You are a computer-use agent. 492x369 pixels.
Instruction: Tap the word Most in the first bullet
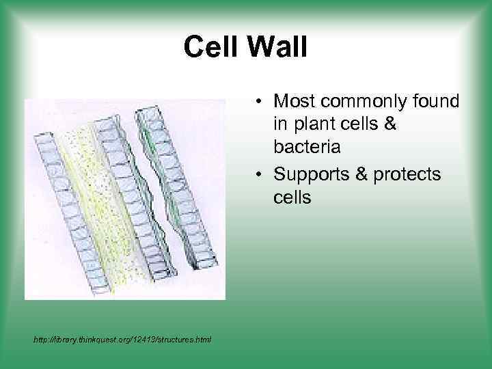pyautogui.click(x=295, y=102)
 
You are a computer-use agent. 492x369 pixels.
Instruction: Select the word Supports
pyautogui.click(x=312, y=174)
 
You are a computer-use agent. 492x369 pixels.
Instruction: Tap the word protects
pyautogui.click(x=409, y=175)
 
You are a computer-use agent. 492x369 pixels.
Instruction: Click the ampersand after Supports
pyautogui.click(x=361, y=174)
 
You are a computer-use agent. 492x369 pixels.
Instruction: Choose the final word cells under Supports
pyautogui.click(x=292, y=198)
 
